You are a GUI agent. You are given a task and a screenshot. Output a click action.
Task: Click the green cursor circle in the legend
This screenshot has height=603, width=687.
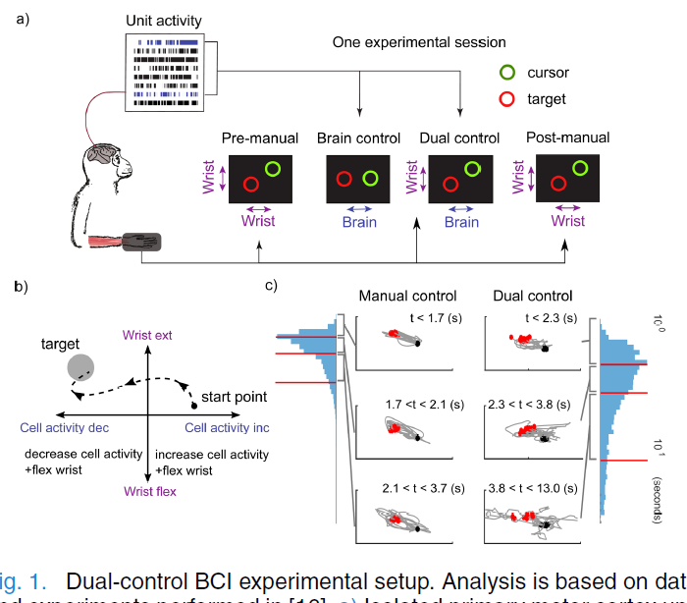click(x=507, y=72)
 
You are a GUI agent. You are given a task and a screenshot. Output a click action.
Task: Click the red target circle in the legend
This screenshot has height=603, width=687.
click(x=507, y=99)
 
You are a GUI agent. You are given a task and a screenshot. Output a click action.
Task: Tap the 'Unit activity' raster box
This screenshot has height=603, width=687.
click(x=165, y=72)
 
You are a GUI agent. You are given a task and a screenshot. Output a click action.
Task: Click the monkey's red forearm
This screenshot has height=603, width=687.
click(x=102, y=242)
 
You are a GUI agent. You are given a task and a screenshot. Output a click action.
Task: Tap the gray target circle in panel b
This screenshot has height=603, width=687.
click(x=81, y=368)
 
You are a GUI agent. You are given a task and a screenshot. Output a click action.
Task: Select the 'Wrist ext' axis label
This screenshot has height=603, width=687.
click(x=147, y=336)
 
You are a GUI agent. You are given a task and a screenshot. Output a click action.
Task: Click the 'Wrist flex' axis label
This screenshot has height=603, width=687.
click(x=149, y=491)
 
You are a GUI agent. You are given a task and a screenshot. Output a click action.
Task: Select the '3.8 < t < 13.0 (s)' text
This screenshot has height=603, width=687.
click(x=534, y=487)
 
